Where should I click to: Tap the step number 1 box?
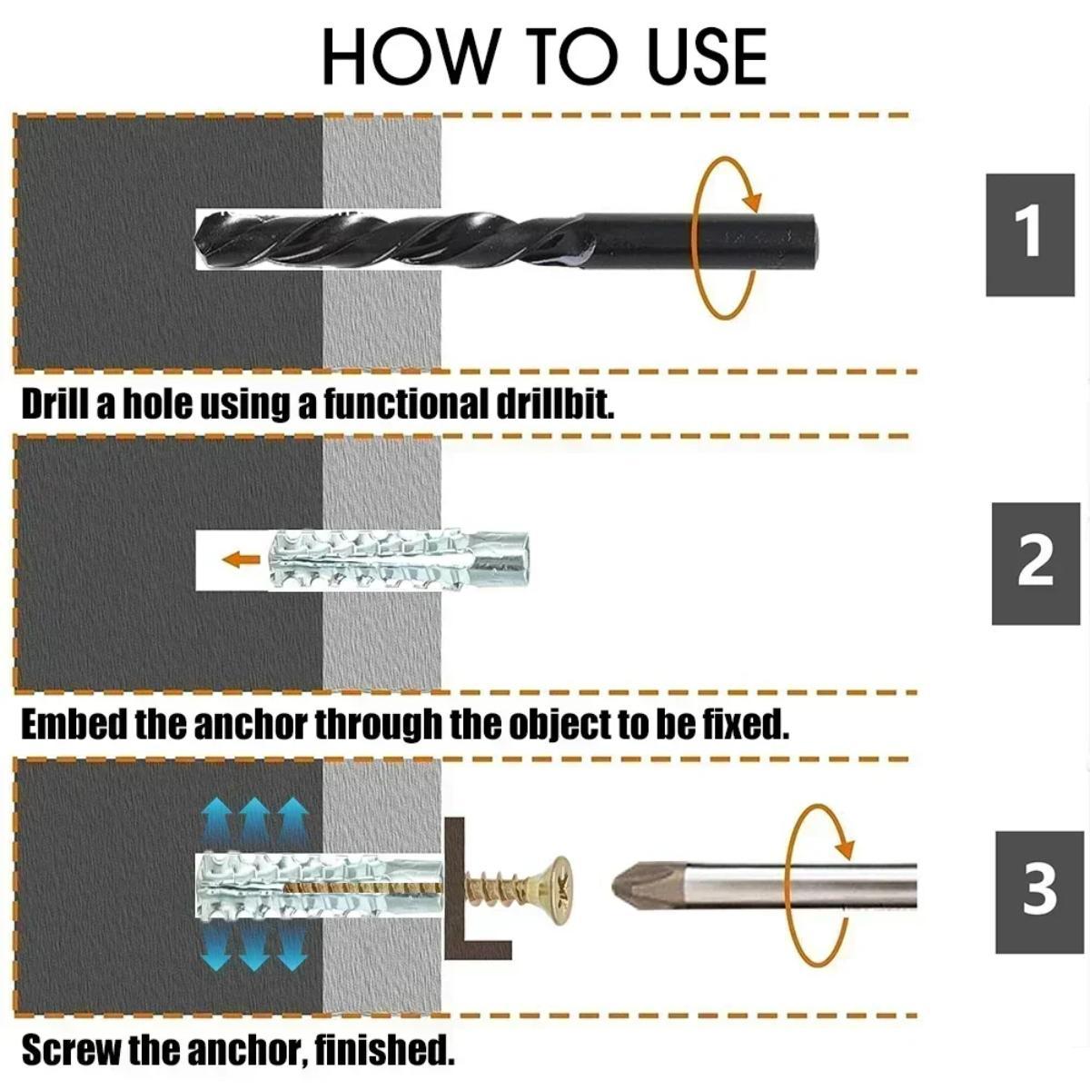(x=1029, y=233)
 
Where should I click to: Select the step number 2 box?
(x=1035, y=563)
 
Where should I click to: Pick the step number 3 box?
(x=1039, y=891)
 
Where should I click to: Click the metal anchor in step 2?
(x=400, y=560)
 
